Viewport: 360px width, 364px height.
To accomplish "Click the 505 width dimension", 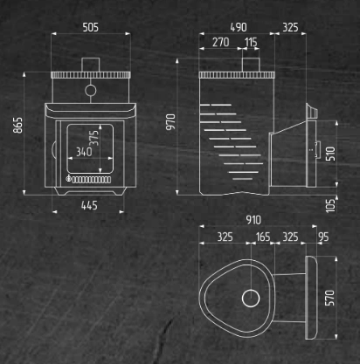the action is (90, 27).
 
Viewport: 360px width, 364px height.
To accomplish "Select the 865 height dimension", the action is (17, 125).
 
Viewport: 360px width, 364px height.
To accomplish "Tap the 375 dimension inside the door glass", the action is (93, 138).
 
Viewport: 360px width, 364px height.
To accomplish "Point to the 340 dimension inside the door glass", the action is (84, 152).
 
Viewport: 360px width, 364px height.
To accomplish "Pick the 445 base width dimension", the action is (89, 205).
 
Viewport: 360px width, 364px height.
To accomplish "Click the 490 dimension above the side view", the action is (239, 27).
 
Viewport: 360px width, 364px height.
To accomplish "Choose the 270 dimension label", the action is (220, 42).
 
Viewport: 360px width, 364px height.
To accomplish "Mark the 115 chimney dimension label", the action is (251, 42).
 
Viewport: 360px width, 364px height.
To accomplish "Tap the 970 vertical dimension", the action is (170, 122).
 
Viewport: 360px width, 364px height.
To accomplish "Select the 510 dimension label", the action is (330, 154).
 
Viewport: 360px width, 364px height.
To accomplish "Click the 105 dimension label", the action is (330, 206).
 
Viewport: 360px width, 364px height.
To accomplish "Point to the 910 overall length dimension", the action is (253, 220).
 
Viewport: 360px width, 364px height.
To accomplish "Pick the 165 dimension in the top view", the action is (263, 237).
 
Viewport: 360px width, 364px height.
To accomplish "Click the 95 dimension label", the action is (323, 237).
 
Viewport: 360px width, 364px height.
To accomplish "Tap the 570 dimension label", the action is (329, 298).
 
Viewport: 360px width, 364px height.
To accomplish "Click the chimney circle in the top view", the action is (251, 290).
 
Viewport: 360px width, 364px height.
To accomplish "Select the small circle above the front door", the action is (91, 85).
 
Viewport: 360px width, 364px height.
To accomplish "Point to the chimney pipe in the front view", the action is (90, 65).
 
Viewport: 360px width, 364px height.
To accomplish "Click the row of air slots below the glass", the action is (91, 180).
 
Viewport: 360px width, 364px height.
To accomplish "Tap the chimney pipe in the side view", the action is (251, 65).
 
